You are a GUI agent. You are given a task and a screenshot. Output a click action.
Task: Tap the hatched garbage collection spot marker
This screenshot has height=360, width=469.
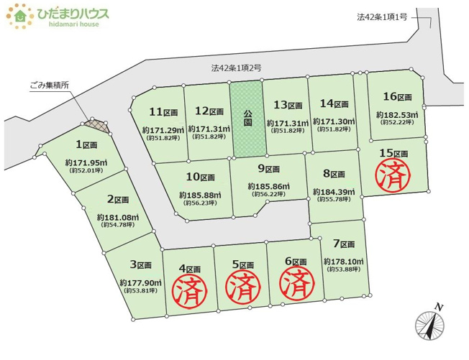97,125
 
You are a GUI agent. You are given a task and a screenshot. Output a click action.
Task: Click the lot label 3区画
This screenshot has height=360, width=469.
142,264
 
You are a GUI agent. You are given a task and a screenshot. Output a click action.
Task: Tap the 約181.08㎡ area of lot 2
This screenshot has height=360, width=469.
117,216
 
